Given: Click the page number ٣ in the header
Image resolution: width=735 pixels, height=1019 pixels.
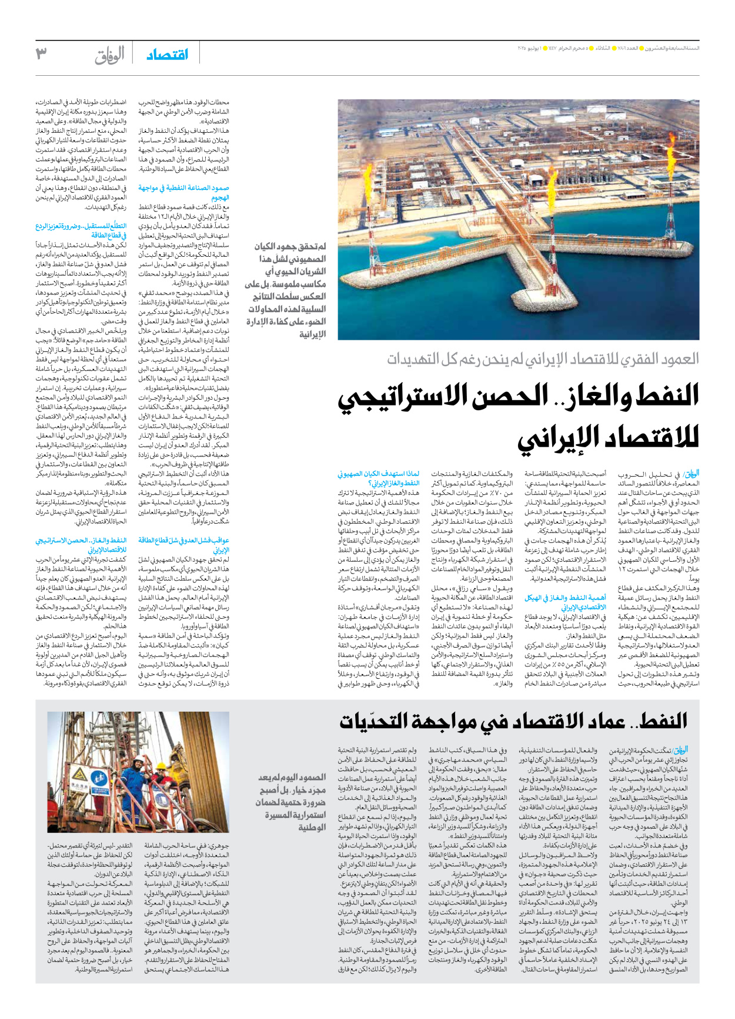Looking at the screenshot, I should click(41, 53).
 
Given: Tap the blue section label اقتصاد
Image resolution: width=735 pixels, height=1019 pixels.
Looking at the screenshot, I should click(168, 54).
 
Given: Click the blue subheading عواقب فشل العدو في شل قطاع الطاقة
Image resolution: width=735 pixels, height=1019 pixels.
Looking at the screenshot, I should click(184, 545).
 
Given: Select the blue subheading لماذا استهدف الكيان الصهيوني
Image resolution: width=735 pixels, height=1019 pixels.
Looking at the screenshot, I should click(379, 478).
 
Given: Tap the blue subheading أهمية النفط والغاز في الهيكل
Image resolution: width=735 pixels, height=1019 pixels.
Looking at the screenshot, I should click(564, 602).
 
